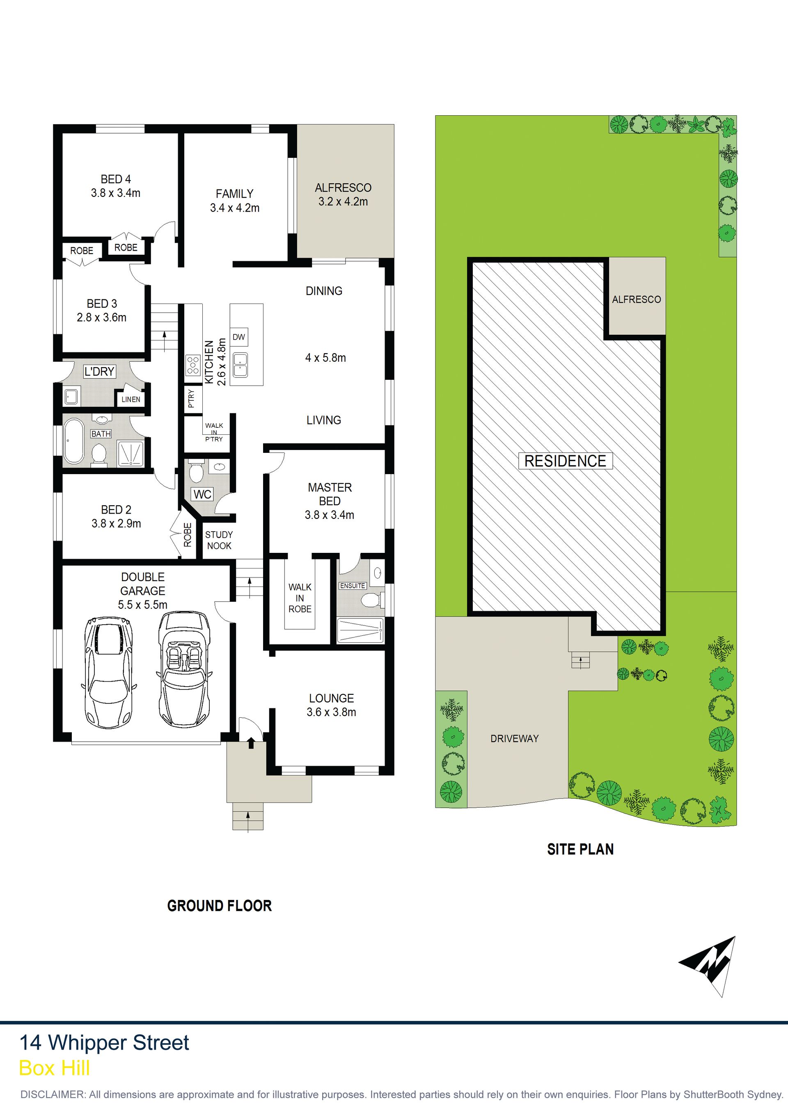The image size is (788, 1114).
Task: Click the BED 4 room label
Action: click(116, 179)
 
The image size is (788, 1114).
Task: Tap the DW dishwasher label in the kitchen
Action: click(238, 337)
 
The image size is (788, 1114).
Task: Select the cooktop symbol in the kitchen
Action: click(193, 365)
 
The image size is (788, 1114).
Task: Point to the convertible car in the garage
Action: click(185, 669)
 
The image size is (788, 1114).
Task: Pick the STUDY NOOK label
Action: click(219, 540)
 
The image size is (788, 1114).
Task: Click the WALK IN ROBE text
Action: click(300, 598)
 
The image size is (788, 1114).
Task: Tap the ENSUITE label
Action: click(353, 586)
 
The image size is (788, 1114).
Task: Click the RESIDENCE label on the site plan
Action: click(565, 461)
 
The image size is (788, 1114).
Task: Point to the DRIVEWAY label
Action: click(515, 738)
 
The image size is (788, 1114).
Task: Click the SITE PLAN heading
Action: click(580, 849)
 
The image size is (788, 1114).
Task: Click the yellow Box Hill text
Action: click(54, 1068)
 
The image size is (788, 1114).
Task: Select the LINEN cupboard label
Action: click(131, 399)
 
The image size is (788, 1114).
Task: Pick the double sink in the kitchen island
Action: click(241, 365)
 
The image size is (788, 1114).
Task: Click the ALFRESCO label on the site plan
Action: click(637, 300)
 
